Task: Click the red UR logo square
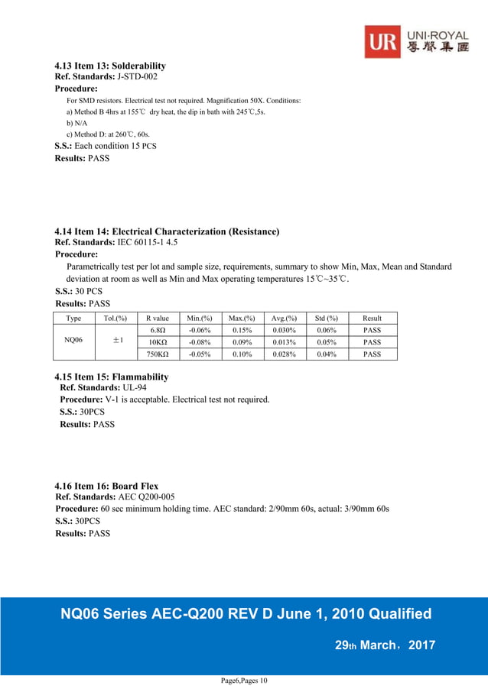point(382,41)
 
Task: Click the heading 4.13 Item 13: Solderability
point(110,66)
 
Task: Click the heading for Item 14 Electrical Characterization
point(167,231)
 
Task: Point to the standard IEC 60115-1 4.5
point(147,242)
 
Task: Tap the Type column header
point(74,318)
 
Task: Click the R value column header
point(157,318)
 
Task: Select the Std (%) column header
point(327,318)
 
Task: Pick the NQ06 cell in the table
point(74,341)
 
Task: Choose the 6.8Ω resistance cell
point(158,330)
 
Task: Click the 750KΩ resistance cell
point(158,354)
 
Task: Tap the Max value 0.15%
point(242,330)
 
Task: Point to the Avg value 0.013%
point(285,342)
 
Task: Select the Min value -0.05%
point(200,354)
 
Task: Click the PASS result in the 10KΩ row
point(372,342)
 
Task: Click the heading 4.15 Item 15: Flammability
point(112,377)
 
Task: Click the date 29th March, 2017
point(386,645)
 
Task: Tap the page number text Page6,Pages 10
point(244,681)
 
